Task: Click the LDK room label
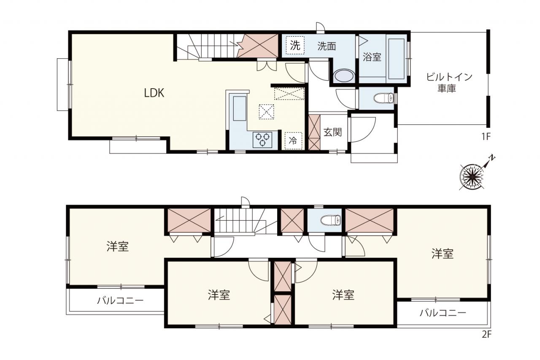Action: pyautogui.click(x=154, y=93)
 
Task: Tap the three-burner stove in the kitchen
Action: pyautogui.click(x=262, y=140)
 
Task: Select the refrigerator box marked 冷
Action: pyautogui.click(x=293, y=141)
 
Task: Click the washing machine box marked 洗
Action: pyautogui.click(x=295, y=45)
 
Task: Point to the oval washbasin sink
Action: pyautogui.click(x=344, y=76)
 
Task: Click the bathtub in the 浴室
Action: pyautogui.click(x=396, y=59)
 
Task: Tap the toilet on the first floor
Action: pyautogui.click(x=383, y=98)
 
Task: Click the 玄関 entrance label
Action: pyautogui.click(x=332, y=132)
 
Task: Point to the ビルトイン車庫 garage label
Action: pyautogui.click(x=449, y=83)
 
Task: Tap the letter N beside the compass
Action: pyautogui.click(x=492, y=158)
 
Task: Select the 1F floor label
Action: pyautogui.click(x=486, y=137)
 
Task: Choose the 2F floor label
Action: pyautogui.click(x=486, y=334)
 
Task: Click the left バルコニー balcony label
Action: pyautogui.click(x=120, y=300)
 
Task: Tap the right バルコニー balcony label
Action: pyautogui.click(x=443, y=313)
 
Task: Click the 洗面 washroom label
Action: pyautogui.click(x=327, y=46)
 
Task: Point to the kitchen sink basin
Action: pyautogui.click(x=240, y=108)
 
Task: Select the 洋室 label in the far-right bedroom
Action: pyautogui.click(x=443, y=254)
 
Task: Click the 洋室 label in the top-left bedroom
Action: pyautogui.click(x=118, y=246)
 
